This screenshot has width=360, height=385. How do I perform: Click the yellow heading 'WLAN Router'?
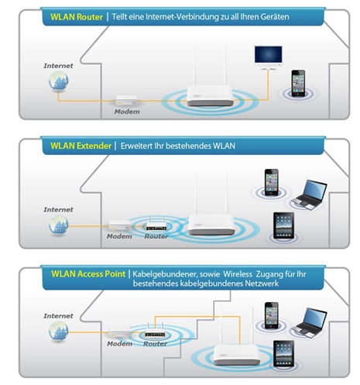(x=77, y=17)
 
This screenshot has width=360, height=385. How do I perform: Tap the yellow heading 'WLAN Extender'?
(x=81, y=146)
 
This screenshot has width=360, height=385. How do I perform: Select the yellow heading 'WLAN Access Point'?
(x=88, y=273)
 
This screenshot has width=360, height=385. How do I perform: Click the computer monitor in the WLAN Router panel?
(x=268, y=58)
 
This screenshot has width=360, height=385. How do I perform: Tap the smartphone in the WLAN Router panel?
(x=298, y=83)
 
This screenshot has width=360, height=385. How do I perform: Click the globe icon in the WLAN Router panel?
(x=59, y=81)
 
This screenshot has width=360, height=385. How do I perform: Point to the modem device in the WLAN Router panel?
(x=126, y=100)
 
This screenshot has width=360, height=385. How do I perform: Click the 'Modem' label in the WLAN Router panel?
(x=127, y=112)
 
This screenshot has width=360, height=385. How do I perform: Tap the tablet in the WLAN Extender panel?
(x=283, y=225)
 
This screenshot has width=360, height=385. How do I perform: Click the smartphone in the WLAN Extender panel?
(x=272, y=182)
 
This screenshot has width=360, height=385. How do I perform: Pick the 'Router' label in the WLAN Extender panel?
(x=156, y=236)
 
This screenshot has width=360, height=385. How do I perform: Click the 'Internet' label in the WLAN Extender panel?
(x=58, y=209)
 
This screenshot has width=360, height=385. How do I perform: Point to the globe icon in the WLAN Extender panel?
(x=59, y=225)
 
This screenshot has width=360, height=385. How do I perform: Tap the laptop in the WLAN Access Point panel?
(x=310, y=323)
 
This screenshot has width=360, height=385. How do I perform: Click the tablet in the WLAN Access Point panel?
(x=283, y=353)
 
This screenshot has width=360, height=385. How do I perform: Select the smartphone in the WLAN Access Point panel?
(x=272, y=315)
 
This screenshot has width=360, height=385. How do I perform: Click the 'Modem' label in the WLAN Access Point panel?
(x=119, y=344)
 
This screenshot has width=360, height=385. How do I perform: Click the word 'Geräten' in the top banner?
(x=275, y=17)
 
